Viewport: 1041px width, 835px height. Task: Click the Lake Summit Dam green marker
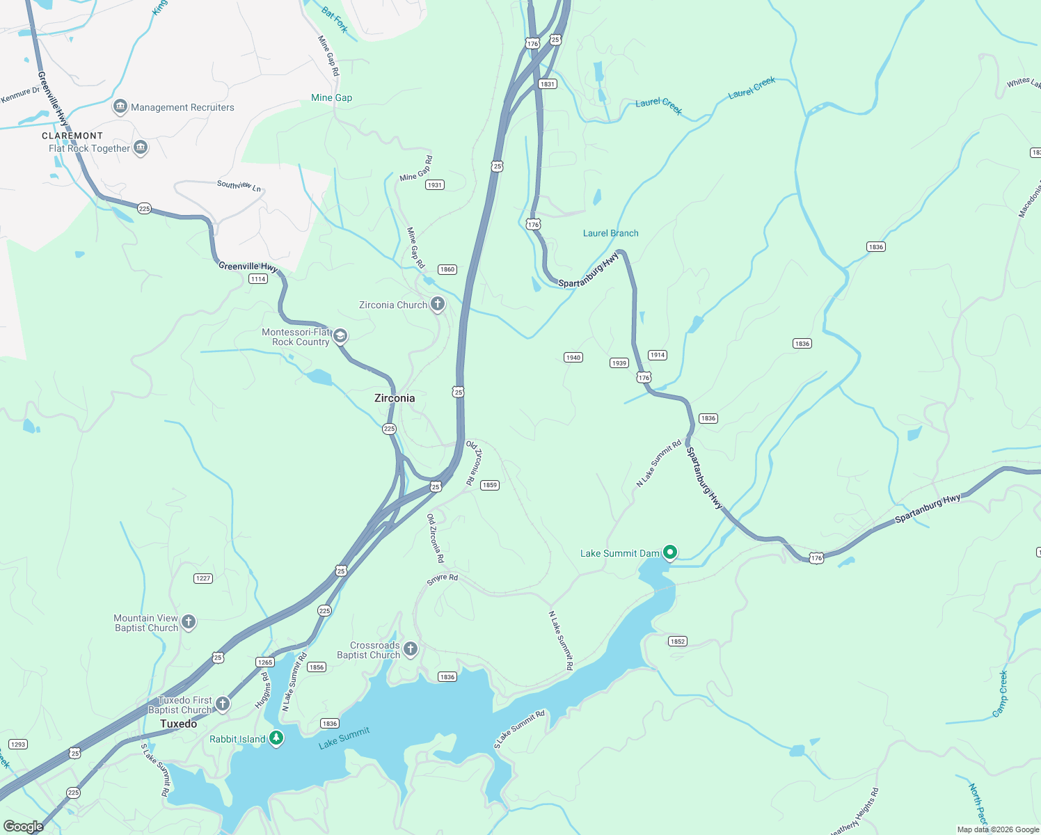coord(670,552)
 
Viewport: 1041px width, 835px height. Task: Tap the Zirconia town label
coord(395,398)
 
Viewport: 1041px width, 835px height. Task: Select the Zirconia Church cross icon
coord(438,304)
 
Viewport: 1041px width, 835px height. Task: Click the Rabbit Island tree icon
coord(276,738)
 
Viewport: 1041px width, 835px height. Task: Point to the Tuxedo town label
coord(179,724)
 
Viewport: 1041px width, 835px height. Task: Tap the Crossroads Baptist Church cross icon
coord(411,649)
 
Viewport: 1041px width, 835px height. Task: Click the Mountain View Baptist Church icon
coord(189,622)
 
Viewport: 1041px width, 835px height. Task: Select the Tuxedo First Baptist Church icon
coord(223,704)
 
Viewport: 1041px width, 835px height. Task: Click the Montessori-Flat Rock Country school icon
coord(340,336)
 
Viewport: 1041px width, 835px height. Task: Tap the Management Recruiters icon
coord(120,107)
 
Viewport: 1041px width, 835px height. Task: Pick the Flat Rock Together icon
coord(141,148)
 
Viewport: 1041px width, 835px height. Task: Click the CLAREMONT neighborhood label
coord(72,136)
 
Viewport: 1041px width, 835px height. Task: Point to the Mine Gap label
coord(331,98)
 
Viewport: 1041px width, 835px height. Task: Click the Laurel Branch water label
coord(610,233)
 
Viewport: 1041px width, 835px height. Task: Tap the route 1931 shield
coord(435,185)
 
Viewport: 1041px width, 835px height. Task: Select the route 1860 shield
coord(447,269)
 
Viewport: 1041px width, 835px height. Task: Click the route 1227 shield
coord(202,578)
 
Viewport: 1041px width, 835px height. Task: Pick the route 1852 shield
coord(677,642)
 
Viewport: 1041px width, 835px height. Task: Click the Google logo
coord(24,827)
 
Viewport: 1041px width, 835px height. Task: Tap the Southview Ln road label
coord(239,185)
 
